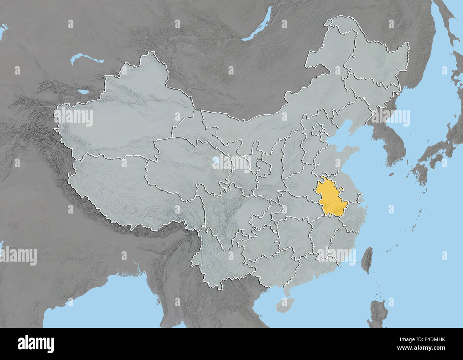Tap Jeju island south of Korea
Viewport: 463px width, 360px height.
click(391, 175)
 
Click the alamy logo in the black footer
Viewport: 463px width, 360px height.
click(36, 343)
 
